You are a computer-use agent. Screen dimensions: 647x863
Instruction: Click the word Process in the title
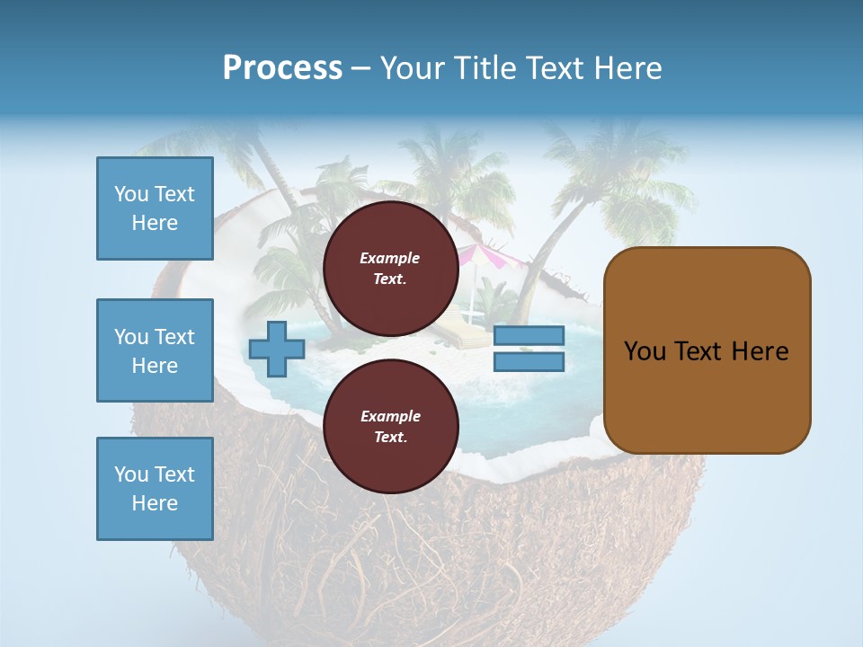click(282, 68)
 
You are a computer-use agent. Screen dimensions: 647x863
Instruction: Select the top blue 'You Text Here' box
click(155, 208)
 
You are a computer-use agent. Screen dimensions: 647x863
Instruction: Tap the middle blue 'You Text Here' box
click(155, 350)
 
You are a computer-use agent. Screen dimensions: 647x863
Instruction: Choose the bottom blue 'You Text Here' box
click(155, 489)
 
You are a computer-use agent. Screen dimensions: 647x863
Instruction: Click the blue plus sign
click(277, 349)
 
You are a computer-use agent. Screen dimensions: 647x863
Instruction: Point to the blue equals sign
click(529, 349)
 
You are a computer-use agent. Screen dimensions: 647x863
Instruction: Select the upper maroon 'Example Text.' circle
click(390, 268)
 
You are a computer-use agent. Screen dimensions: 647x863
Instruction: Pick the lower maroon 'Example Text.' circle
click(390, 426)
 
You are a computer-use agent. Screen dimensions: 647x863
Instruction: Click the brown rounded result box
click(707, 350)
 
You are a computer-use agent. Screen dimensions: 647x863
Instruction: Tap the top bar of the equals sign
click(529, 336)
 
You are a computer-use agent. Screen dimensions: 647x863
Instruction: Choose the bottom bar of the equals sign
click(529, 361)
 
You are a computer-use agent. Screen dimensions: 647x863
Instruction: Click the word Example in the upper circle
click(390, 258)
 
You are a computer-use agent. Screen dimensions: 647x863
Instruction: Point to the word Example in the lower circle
click(390, 416)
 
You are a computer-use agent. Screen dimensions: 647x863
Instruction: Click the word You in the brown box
click(645, 351)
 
